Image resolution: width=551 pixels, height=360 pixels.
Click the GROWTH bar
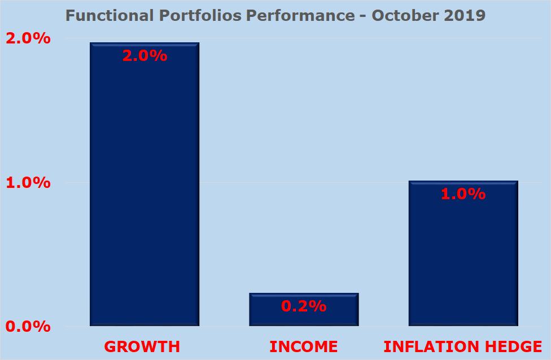[x=145, y=186]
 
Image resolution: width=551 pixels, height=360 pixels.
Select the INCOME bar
[x=304, y=316]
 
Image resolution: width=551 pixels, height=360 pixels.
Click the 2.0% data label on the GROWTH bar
[x=145, y=56]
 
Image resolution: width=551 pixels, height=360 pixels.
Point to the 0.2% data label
[x=304, y=306]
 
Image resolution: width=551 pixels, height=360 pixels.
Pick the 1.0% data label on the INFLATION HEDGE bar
[x=463, y=194]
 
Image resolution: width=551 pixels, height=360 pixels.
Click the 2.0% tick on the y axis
[x=28, y=39]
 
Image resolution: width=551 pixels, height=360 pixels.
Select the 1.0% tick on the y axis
[x=28, y=183]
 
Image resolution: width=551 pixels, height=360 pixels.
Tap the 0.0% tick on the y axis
[x=28, y=327]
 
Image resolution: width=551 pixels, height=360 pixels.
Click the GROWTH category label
[x=142, y=346]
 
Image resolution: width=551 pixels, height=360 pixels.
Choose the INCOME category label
[x=304, y=346]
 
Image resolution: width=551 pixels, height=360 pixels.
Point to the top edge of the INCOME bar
[x=304, y=293]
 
